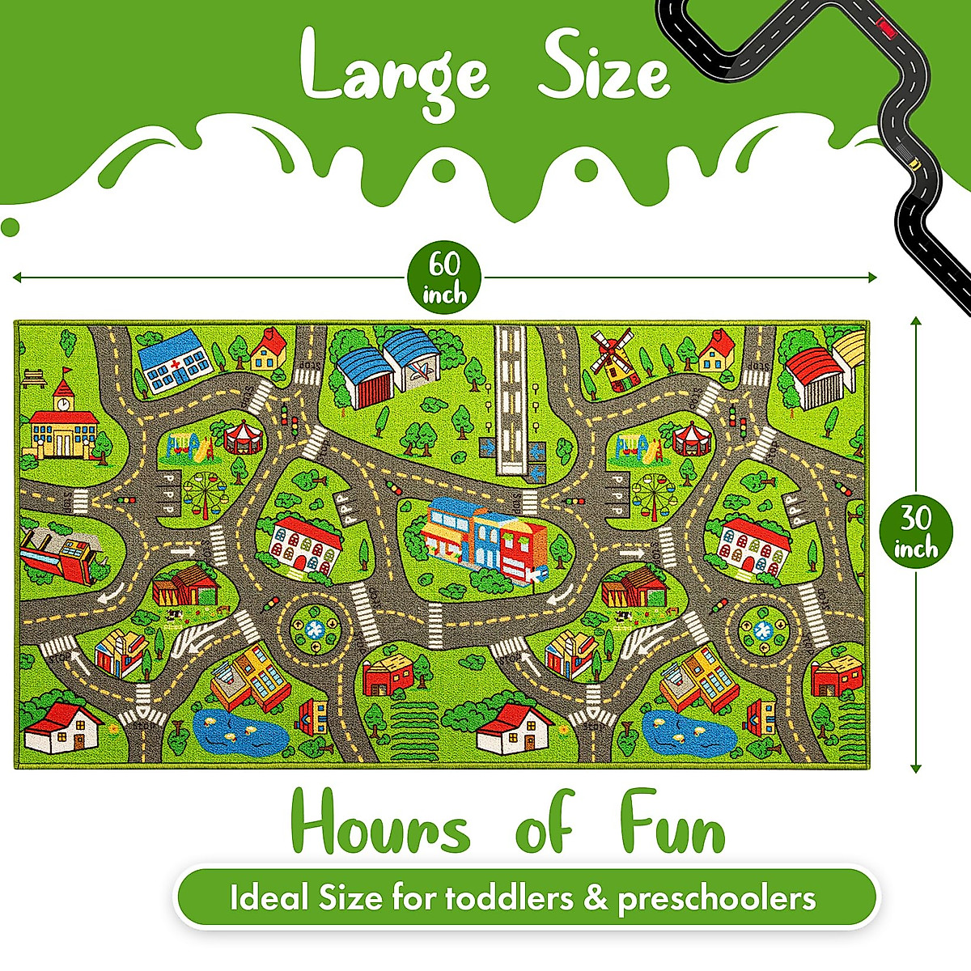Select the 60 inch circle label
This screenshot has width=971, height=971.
[x=443, y=278]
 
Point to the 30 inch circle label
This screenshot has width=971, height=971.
[x=916, y=531]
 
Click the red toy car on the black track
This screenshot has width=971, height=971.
[x=888, y=32]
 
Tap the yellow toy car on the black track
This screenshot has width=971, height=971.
[x=915, y=163]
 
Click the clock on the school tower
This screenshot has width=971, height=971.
[x=62, y=402]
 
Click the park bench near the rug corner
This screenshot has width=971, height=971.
[x=33, y=376]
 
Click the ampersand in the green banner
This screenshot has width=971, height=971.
[x=595, y=898]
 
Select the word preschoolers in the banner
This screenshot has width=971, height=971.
[x=716, y=900]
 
